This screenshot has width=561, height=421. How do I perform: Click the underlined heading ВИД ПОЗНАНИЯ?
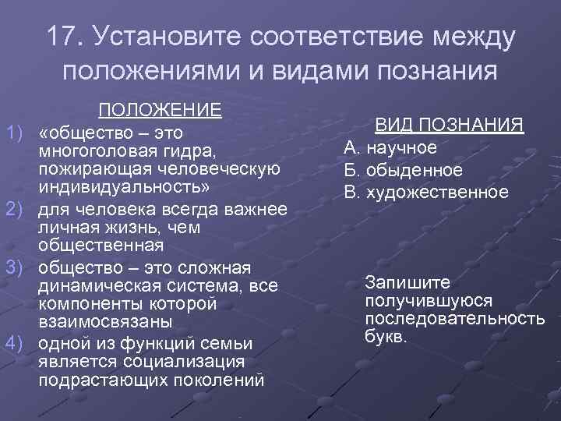coord(450,126)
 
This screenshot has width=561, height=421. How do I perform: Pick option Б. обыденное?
coord(403,169)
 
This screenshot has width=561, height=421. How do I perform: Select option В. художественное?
coord(425,191)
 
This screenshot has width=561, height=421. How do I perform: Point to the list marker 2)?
coord(16,210)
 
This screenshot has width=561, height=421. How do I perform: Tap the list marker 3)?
coord(16,266)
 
